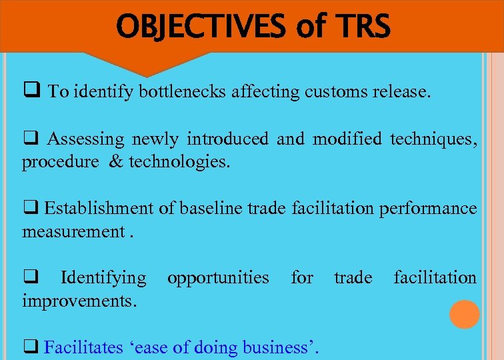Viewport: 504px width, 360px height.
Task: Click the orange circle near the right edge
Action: pyautogui.click(x=464, y=315)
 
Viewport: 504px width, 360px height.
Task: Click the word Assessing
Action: pyautogui.click(x=85, y=139)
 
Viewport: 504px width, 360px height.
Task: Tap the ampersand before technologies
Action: pyautogui.click(x=115, y=162)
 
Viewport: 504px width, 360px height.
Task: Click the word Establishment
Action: pyautogui.click(x=99, y=209)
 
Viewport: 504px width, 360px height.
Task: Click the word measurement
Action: pyautogui.click(x=72, y=231)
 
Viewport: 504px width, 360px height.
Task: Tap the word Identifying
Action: pyautogui.click(x=103, y=277)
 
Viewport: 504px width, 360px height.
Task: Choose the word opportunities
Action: pyautogui.click(x=218, y=277)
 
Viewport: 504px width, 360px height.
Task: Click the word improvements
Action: pyautogui.click(x=79, y=301)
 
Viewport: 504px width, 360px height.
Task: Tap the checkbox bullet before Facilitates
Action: pyautogui.click(x=30, y=347)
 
